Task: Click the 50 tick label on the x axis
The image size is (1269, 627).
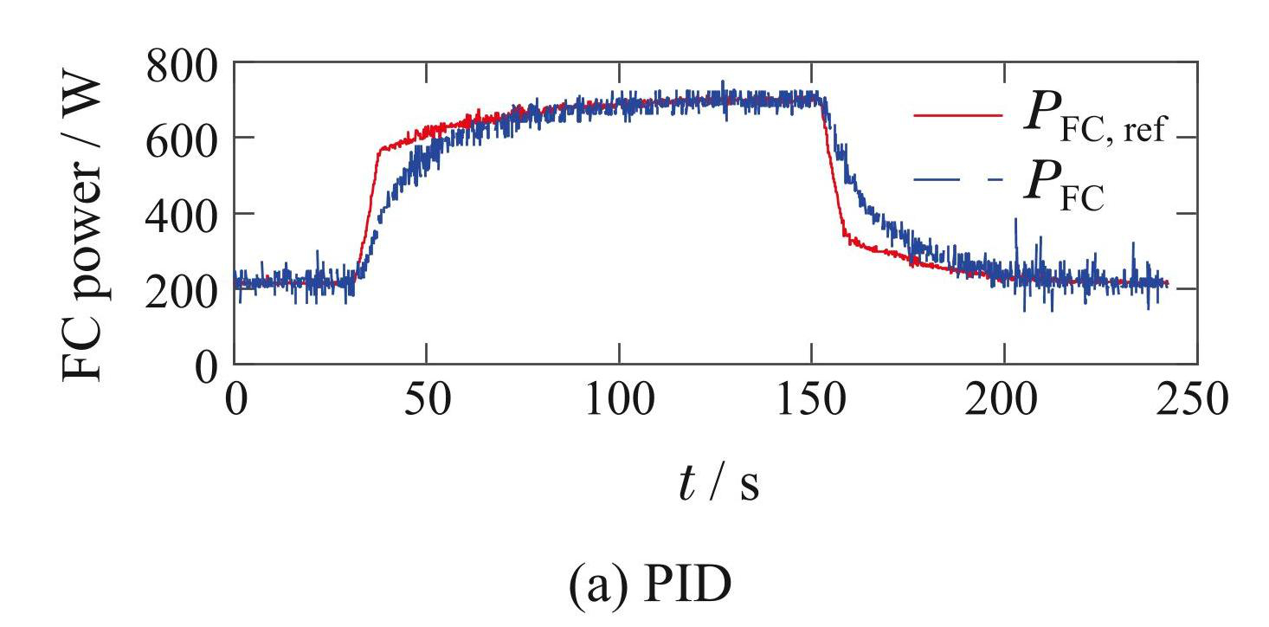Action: point(427,403)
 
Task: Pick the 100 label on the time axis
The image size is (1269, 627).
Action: point(619,403)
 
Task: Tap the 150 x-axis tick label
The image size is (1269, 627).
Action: point(811,403)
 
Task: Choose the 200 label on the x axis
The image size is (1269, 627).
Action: point(1004,403)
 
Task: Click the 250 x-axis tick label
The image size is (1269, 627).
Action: point(1195,403)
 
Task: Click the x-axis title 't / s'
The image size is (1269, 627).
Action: point(718,486)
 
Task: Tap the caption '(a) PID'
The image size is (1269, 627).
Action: point(649,587)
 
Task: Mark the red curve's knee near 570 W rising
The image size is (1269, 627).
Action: point(379,152)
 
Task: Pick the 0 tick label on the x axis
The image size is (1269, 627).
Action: point(235,403)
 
